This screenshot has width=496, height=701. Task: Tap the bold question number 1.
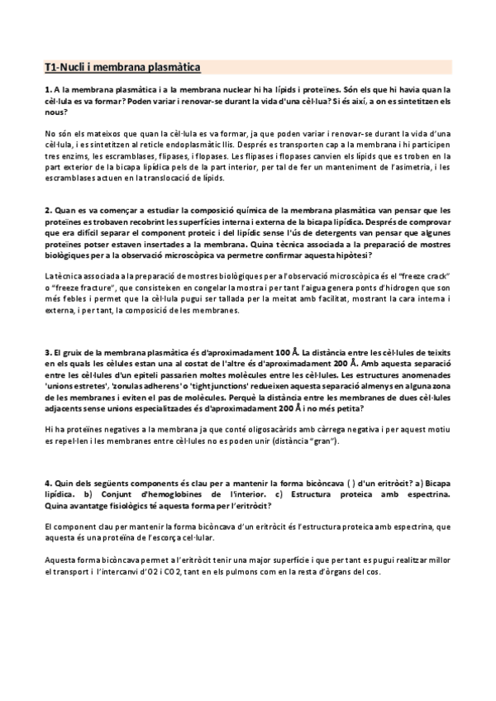point(47,90)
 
